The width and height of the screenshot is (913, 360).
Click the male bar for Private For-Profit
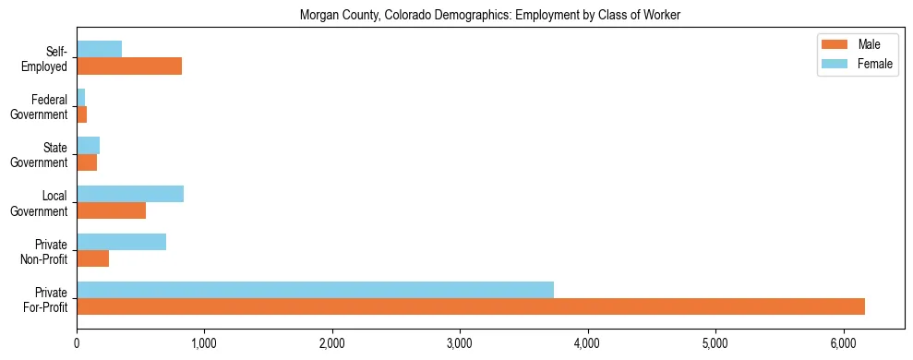click(471, 306)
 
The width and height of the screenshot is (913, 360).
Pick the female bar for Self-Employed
click(99, 50)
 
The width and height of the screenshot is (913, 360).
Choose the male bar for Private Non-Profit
click(92, 258)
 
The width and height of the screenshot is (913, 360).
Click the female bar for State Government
click(88, 146)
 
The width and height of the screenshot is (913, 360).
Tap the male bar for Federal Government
click(81, 114)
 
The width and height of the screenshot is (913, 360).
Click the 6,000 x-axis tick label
click(843, 343)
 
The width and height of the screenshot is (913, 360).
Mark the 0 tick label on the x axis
click(77, 343)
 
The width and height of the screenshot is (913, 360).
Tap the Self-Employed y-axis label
click(46, 58)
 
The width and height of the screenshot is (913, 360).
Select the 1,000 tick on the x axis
click(204, 343)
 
